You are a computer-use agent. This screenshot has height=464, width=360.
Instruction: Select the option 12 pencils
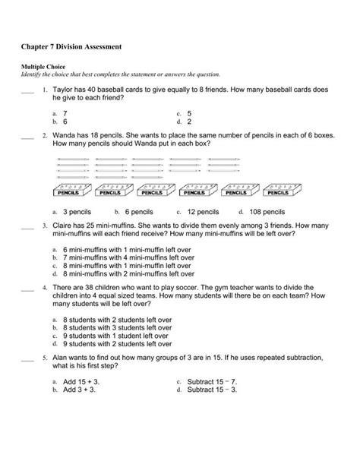pyautogui.click(x=203, y=212)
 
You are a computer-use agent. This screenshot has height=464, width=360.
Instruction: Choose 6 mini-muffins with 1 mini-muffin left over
pyautogui.click(x=118, y=249)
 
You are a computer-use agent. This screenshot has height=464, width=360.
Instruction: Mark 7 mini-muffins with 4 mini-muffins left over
pyautogui.click(x=121, y=257)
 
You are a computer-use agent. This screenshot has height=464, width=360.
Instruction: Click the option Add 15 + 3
pyautogui.click(x=79, y=381)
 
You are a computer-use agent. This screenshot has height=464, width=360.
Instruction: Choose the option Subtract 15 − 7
pyautogui.click(x=212, y=381)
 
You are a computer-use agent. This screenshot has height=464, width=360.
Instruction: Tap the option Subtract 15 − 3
pyautogui.click(x=212, y=390)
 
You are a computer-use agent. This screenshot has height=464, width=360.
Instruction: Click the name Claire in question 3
pyautogui.click(x=64, y=226)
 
